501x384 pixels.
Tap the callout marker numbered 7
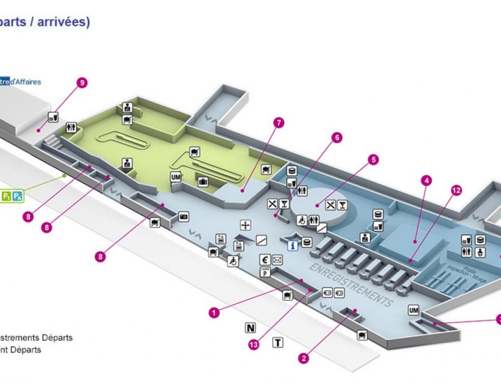point(279,123)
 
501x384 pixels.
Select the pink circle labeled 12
point(456,190)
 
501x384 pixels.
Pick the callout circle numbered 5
point(373,159)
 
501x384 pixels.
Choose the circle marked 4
point(426,181)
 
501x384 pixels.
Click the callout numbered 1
point(214,312)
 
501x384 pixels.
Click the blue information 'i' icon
point(293,246)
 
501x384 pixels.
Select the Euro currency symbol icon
point(264,260)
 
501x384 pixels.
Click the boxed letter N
point(250,328)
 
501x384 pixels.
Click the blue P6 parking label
point(17,196)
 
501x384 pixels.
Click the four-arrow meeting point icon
point(245,225)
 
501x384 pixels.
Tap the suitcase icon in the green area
point(203,182)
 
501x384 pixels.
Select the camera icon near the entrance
point(184,217)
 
